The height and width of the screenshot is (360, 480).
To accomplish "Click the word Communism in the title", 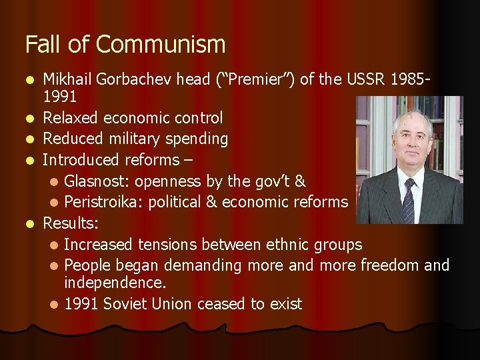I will pos(161,45).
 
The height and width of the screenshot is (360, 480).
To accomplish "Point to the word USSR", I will pos(363,79).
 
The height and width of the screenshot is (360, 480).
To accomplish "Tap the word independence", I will pos(114,283).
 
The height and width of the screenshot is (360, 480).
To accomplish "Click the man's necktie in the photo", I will pos(409,200).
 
